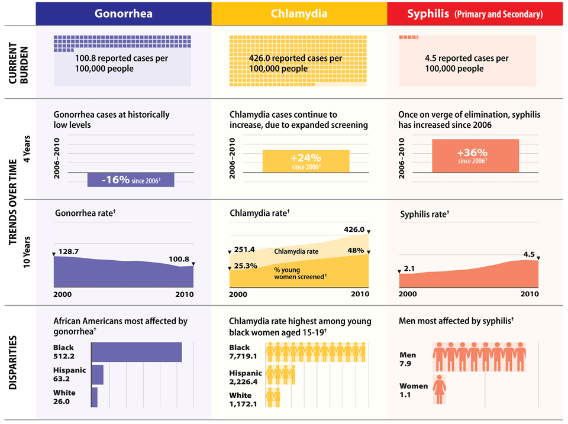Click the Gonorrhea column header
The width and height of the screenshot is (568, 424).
pyautogui.click(x=123, y=13)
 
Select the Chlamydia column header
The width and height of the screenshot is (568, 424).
pyautogui.click(x=299, y=13)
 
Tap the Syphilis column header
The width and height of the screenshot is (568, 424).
pyautogui.click(x=476, y=13)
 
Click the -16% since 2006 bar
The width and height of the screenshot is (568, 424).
pyautogui.click(x=131, y=180)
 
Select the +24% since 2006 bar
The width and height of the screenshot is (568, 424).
pyautogui.click(x=306, y=161)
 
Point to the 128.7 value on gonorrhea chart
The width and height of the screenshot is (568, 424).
pyautogui.click(x=69, y=252)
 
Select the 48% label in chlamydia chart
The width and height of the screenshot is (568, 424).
pyautogui.click(x=356, y=250)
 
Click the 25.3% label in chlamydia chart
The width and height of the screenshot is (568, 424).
pyautogui.click(x=246, y=266)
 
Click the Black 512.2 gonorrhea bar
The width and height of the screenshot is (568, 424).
pyautogui.click(x=137, y=352)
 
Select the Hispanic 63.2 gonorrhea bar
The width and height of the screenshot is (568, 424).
pyautogui.click(x=98, y=375)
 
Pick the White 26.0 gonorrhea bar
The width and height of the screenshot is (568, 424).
pyautogui.click(x=95, y=397)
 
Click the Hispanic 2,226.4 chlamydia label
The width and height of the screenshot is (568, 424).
pyautogui.click(x=245, y=377)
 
